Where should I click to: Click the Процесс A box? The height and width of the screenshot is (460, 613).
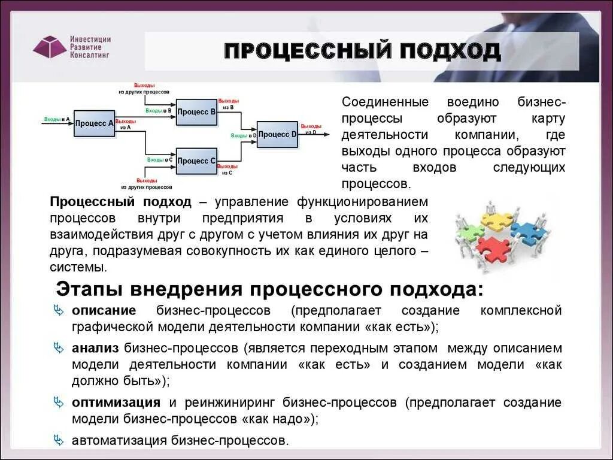click(x=95, y=123)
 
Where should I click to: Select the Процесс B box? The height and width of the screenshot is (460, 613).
click(x=196, y=112)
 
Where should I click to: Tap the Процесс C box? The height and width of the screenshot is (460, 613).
click(x=196, y=161)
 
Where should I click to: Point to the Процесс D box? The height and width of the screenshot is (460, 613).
click(x=277, y=135)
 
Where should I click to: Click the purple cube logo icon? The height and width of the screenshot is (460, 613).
click(x=50, y=46)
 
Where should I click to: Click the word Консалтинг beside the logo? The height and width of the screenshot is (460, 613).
click(x=90, y=55)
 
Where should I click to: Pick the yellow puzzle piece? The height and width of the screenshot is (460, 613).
click(x=498, y=221)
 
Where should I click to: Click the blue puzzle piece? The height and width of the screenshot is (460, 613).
click(x=529, y=232)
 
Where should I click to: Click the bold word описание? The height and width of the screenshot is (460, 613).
click(x=104, y=311)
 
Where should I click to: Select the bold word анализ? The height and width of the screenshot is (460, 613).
click(x=96, y=348)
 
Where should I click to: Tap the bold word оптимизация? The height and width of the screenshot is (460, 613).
click(x=116, y=402)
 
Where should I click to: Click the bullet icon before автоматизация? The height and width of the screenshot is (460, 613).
click(x=59, y=440)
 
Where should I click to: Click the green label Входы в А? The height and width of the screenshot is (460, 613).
click(x=57, y=120)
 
